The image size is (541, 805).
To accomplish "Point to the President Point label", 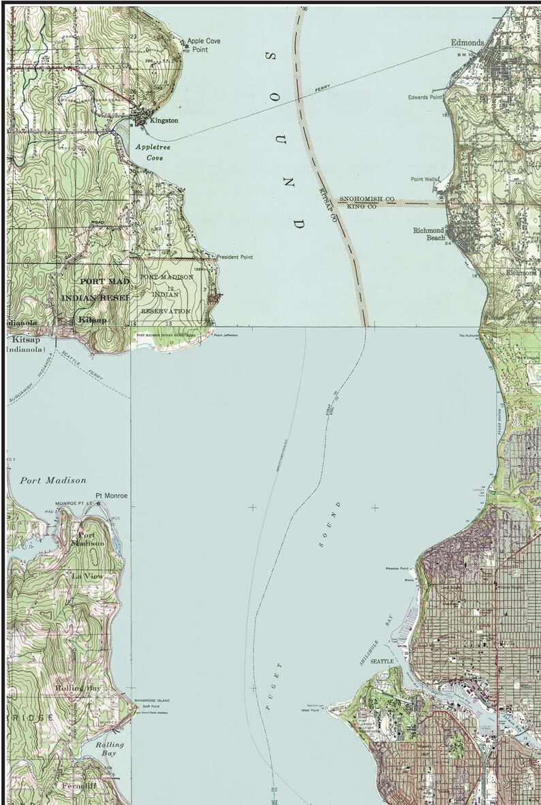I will coord(235,257).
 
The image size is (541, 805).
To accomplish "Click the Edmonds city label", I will coord(467,43).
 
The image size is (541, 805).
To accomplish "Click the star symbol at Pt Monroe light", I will coord(99,503).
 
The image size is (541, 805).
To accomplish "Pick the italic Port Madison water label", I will coord(53,480).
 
